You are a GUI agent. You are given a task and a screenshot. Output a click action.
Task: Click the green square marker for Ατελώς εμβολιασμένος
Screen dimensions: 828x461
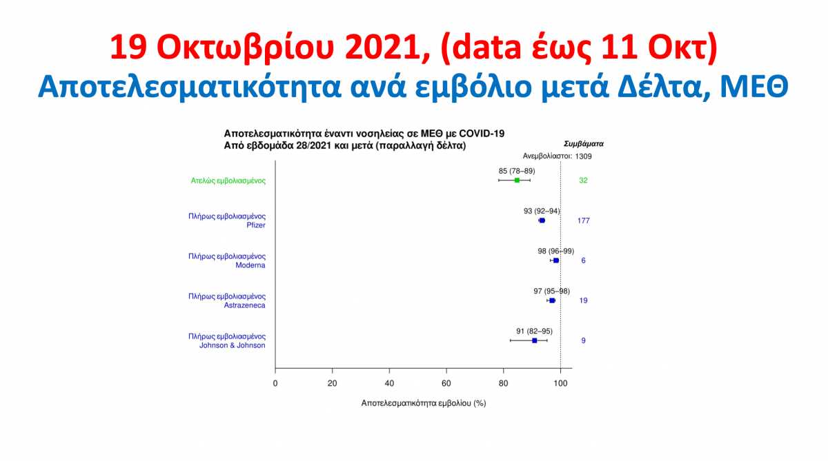(517, 180)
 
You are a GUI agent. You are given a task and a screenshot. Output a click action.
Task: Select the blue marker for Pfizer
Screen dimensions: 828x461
(542, 221)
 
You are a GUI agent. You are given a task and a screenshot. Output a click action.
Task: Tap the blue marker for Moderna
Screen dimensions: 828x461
(556, 260)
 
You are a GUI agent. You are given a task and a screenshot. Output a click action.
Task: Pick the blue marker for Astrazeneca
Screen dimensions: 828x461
(552, 300)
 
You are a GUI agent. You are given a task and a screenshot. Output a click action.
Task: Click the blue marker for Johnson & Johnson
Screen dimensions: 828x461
(535, 340)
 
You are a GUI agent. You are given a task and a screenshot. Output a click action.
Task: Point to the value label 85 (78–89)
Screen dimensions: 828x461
(517, 171)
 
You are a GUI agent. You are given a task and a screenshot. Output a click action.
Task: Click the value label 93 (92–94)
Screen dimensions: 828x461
(542, 211)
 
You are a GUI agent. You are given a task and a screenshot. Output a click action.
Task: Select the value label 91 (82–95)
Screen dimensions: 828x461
(535, 331)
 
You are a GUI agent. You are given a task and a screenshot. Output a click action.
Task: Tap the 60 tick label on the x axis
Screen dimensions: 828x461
(446, 384)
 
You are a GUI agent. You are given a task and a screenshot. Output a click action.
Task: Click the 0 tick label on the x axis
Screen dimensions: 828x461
(275, 384)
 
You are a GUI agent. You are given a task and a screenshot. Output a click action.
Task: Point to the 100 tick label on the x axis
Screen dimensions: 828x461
(560, 384)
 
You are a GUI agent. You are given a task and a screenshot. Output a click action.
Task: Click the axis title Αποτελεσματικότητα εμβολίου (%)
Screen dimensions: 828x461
(424, 403)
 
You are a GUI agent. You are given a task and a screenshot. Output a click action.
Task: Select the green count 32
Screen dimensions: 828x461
(583, 180)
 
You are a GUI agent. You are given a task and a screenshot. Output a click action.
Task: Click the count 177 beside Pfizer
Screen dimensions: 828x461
(583, 221)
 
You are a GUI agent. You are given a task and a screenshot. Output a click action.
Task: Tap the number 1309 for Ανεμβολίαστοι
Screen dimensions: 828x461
(583, 156)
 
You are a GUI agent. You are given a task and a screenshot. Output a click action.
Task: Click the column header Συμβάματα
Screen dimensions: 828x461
(584, 144)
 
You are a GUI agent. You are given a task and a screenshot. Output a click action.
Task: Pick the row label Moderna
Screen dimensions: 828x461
(250, 265)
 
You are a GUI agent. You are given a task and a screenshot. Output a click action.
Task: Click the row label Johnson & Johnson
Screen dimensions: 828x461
(232, 345)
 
